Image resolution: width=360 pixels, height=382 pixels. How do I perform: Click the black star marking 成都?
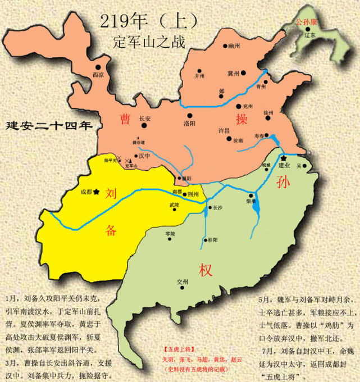pyautogui.click(x=97, y=192)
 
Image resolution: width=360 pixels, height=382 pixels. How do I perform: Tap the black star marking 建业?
pyautogui.click(x=284, y=158)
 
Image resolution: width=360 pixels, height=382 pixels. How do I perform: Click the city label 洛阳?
pyautogui.click(x=190, y=123)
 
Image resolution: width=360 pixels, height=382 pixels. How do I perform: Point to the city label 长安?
pyautogui.click(x=145, y=119)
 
